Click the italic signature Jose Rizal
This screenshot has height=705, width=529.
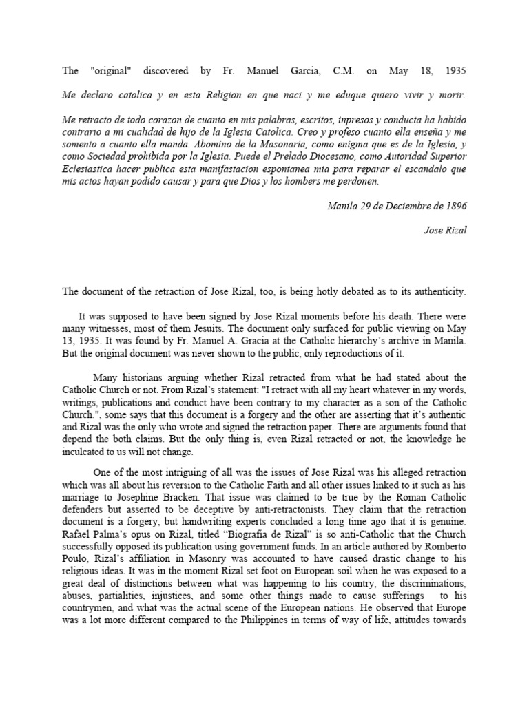coord(444,230)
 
